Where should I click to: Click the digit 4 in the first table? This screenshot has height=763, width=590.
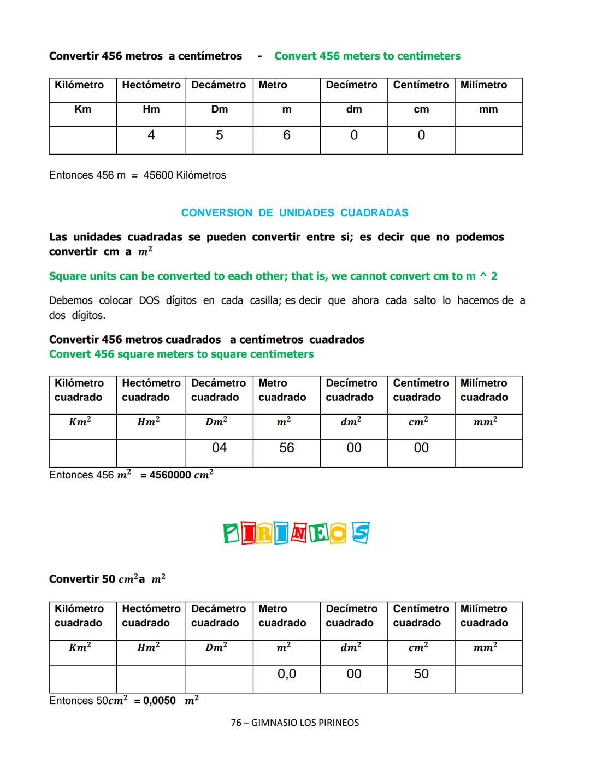pyautogui.click(x=151, y=135)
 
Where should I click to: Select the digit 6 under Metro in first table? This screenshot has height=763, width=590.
pyautogui.click(x=286, y=135)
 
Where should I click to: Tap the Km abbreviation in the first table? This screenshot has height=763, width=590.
pyautogui.click(x=82, y=109)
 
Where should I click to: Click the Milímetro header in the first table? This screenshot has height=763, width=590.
pyautogui.click(x=483, y=85)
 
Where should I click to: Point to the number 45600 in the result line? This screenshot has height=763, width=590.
pyautogui.click(x=158, y=175)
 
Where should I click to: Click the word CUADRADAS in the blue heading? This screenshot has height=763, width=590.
pyautogui.click(x=374, y=213)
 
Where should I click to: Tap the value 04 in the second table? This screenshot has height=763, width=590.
pyautogui.click(x=219, y=448)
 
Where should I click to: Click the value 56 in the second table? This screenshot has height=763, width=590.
pyautogui.click(x=286, y=448)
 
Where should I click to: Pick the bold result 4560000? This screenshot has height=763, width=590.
pyautogui.click(x=170, y=475)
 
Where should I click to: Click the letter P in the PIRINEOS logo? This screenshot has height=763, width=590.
pyautogui.click(x=232, y=534)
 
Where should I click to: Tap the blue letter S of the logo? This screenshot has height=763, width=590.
pyautogui.click(x=360, y=533)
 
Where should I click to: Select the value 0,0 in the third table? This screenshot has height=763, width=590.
pyautogui.click(x=286, y=674)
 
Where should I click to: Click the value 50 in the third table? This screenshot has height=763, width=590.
pyautogui.click(x=421, y=674)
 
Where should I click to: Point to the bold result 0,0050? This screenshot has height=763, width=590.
pyautogui.click(x=160, y=701)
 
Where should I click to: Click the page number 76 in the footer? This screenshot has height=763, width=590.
pyautogui.click(x=236, y=723)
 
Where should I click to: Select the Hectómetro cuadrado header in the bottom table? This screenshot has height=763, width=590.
pyautogui.click(x=151, y=616)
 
